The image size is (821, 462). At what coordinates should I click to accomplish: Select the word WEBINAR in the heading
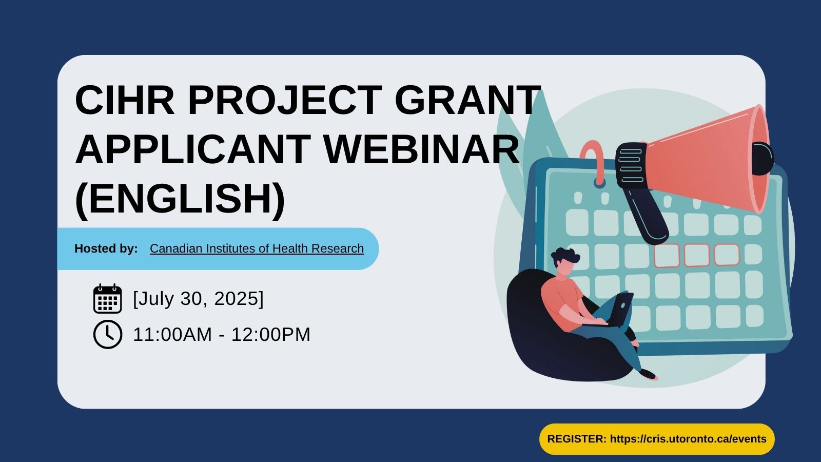pos(422,149)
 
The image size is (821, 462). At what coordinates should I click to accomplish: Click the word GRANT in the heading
pos(467,100)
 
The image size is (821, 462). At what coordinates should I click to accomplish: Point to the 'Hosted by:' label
pos(106,248)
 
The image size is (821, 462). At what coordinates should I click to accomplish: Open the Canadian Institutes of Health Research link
pos(257,248)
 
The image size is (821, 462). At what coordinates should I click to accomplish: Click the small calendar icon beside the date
pos(107,298)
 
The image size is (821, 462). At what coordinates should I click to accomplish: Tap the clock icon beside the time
pos(107,335)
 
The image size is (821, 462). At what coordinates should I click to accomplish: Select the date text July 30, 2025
pos(198,298)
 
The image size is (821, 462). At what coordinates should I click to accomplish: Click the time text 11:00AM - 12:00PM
pos(221,335)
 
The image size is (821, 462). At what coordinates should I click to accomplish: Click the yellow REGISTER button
pos(656,439)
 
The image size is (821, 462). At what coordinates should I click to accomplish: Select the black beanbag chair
pos(539,339)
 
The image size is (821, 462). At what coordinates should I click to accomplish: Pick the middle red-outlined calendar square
pos(696,255)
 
